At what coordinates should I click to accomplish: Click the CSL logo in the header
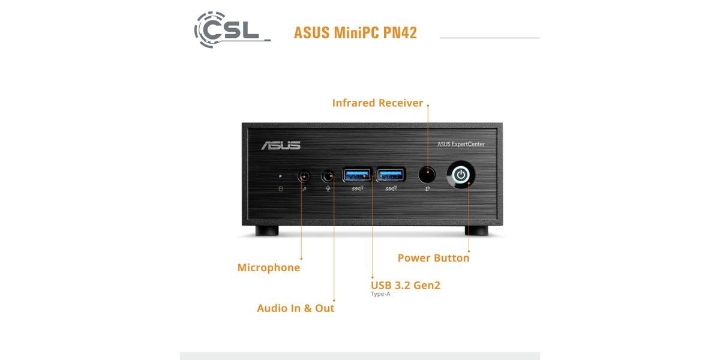click(x=230, y=28)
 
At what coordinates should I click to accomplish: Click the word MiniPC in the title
click(x=352, y=32)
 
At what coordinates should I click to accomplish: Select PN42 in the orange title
click(x=400, y=32)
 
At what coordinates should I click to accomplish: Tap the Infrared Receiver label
click(x=377, y=103)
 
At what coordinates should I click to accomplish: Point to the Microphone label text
click(x=269, y=268)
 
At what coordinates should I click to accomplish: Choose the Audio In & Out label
click(x=295, y=308)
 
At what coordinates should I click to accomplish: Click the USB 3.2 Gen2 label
click(x=406, y=285)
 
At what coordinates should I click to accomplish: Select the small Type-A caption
click(x=380, y=294)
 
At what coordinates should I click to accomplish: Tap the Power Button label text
click(x=433, y=258)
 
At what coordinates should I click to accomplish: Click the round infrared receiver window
click(x=427, y=175)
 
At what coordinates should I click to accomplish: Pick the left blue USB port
click(x=356, y=175)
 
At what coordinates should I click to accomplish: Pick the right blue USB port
click(x=392, y=175)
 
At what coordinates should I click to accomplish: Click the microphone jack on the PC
click(x=304, y=176)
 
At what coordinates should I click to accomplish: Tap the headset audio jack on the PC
click(x=328, y=176)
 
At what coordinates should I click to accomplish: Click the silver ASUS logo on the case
click(x=281, y=145)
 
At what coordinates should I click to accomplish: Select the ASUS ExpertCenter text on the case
click(x=461, y=144)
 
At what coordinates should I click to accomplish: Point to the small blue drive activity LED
click(x=280, y=176)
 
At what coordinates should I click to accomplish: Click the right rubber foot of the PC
click(x=476, y=231)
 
